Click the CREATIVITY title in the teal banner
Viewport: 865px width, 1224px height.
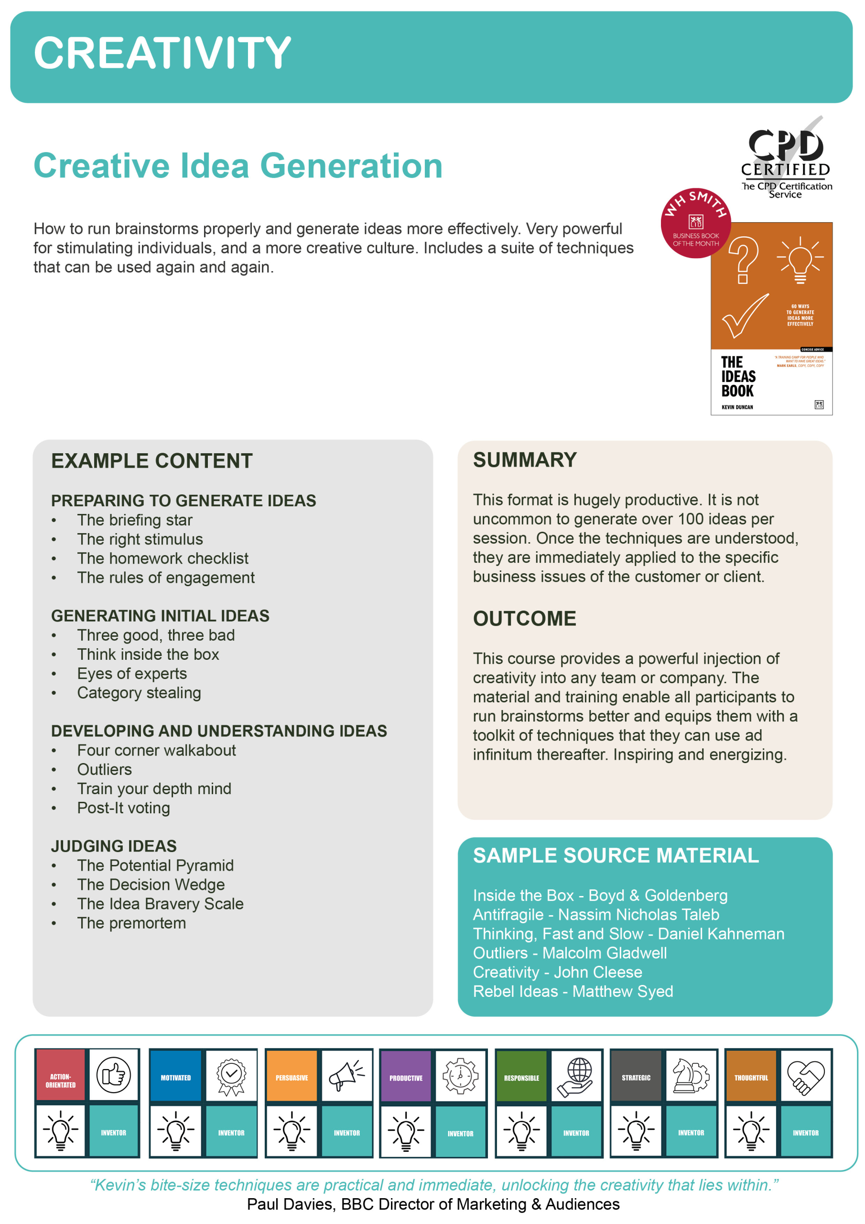pos(162,53)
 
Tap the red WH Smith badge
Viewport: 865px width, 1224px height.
pos(695,223)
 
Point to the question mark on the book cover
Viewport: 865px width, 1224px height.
pos(743,260)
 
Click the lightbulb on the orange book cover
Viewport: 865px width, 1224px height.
pos(800,260)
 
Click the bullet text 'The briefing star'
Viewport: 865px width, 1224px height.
pos(134,520)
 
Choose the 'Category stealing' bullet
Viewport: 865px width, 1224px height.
pos(139,692)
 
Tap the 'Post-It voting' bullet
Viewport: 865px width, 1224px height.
pos(123,808)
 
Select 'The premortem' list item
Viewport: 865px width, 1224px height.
pos(131,923)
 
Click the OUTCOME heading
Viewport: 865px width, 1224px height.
pos(524,618)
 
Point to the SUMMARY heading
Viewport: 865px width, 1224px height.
pos(524,460)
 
